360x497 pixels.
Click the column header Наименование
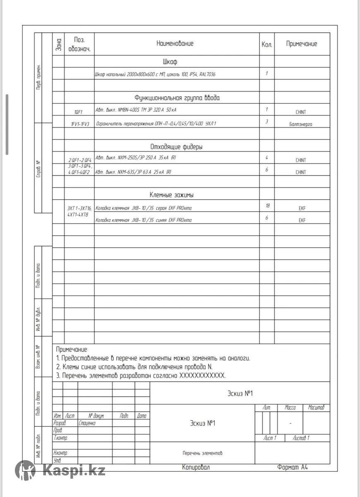pyautogui.click(x=175, y=43)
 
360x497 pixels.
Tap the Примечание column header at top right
pyautogui.click(x=302, y=44)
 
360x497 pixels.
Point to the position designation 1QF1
pyautogui.click(x=79, y=112)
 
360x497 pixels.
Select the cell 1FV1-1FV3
pyautogui.click(x=79, y=124)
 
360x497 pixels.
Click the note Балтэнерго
pyautogui.click(x=301, y=124)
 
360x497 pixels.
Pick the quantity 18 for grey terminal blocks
pyautogui.click(x=267, y=206)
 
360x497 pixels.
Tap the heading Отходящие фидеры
pyautogui.click(x=176, y=147)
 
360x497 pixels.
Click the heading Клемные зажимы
pyautogui.click(x=171, y=195)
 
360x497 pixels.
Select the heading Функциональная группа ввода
pyautogui.click(x=177, y=98)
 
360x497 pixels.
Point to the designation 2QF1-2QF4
pyautogui.click(x=79, y=160)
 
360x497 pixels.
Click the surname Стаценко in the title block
pyautogui.click(x=87, y=423)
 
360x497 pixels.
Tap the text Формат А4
pyautogui.click(x=293, y=467)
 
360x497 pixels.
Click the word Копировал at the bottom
pyautogui.click(x=196, y=467)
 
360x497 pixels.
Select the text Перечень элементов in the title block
pyautogui.click(x=202, y=453)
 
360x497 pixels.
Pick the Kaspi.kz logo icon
pyautogui.click(x=26, y=470)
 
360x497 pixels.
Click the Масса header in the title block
pyautogui.click(x=290, y=408)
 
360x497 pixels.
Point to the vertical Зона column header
pyautogui.click(x=59, y=43)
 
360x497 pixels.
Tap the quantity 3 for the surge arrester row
pyautogui.click(x=267, y=122)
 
